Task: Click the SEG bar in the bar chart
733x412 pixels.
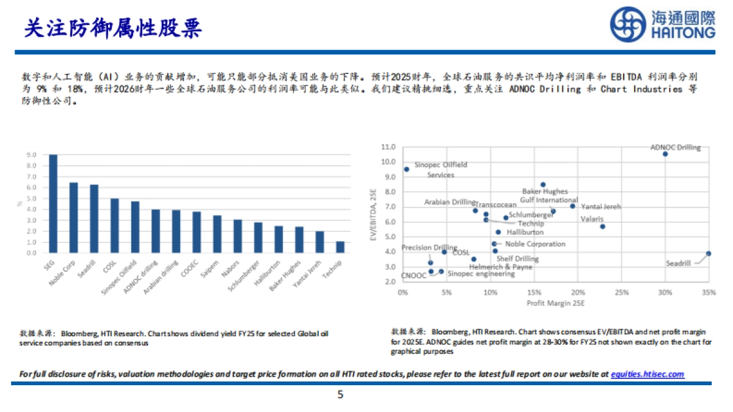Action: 53,203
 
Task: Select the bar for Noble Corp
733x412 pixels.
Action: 73,217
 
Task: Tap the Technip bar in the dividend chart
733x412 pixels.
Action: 340,247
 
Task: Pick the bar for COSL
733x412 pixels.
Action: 114,225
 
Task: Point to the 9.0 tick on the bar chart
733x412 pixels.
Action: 31,155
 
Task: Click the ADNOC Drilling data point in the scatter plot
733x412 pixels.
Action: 665,154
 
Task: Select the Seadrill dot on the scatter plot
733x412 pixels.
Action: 708,253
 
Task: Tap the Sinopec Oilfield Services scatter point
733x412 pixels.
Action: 406,170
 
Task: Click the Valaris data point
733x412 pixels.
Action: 602,226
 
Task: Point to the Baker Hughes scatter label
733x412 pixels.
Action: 544,192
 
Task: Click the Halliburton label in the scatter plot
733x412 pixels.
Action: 524,232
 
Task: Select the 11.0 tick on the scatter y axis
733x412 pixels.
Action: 388,147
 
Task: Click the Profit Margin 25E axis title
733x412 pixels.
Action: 555,303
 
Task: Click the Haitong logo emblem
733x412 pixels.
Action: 629,24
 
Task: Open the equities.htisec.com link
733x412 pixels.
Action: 647,374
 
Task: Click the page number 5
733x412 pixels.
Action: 340,395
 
